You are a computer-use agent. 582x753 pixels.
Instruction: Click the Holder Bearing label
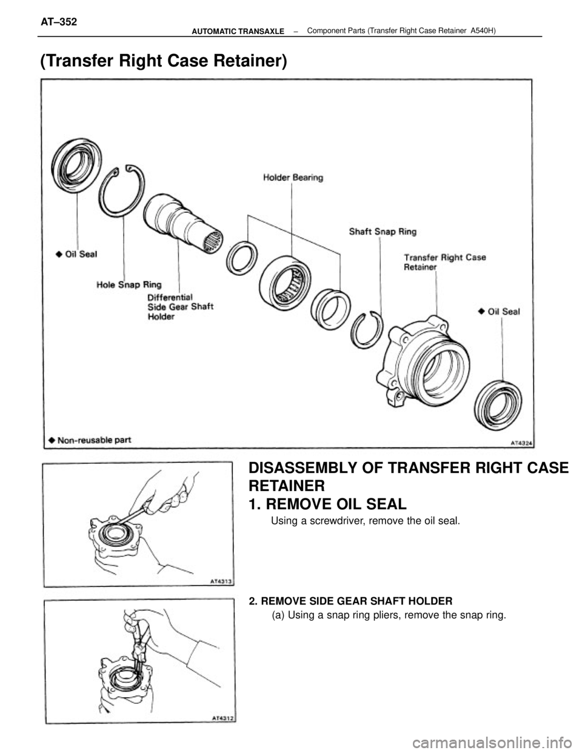(x=293, y=178)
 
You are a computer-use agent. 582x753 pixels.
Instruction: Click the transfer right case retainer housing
(x=424, y=358)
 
